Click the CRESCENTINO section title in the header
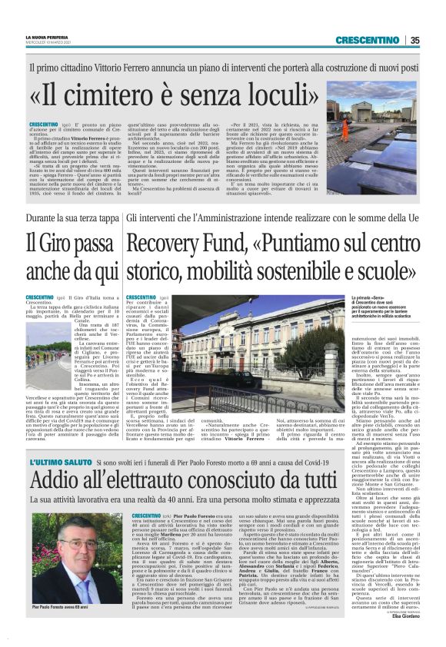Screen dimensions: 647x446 (x=368, y=40)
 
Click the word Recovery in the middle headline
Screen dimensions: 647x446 (x=181, y=245)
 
